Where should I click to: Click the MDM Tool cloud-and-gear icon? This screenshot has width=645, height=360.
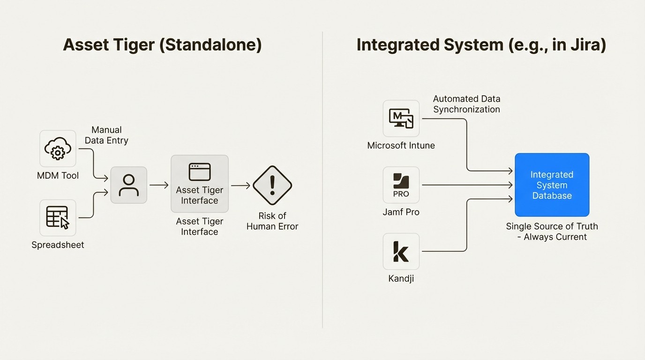(58, 149)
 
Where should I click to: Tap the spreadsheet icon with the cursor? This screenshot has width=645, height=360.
(58, 218)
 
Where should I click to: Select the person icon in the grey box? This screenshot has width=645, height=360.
(128, 185)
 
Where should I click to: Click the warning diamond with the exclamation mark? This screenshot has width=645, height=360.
(272, 185)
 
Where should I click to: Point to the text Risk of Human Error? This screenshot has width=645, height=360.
(272, 221)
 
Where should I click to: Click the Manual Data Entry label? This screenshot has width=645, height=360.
(106, 135)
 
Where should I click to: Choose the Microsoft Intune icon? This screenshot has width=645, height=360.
(401, 118)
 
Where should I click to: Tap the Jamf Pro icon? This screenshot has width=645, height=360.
(401, 185)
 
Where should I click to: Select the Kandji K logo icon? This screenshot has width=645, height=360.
(401, 252)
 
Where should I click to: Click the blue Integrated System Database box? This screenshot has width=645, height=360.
(552, 185)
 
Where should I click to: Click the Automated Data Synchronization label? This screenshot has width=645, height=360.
(466, 104)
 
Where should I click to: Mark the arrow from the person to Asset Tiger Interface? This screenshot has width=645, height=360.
(159, 185)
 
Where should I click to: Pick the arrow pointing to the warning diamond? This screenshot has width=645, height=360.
(240, 186)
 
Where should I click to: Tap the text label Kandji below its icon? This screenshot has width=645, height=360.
(401, 279)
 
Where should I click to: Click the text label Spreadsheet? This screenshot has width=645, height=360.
(58, 245)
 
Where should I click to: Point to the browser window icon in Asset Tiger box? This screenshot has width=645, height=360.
(200, 172)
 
